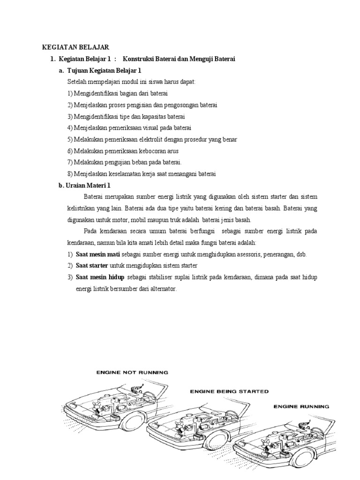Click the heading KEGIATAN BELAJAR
(x=75, y=47)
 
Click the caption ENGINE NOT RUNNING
(x=132, y=373)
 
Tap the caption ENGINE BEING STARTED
(x=229, y=390)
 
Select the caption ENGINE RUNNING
(x=301, y=406)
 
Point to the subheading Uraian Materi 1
(x=87, y=185)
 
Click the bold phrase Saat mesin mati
(x=97, y=254)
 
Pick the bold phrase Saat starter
(x=92, y=266)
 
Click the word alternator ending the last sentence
(x=162, y=289)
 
